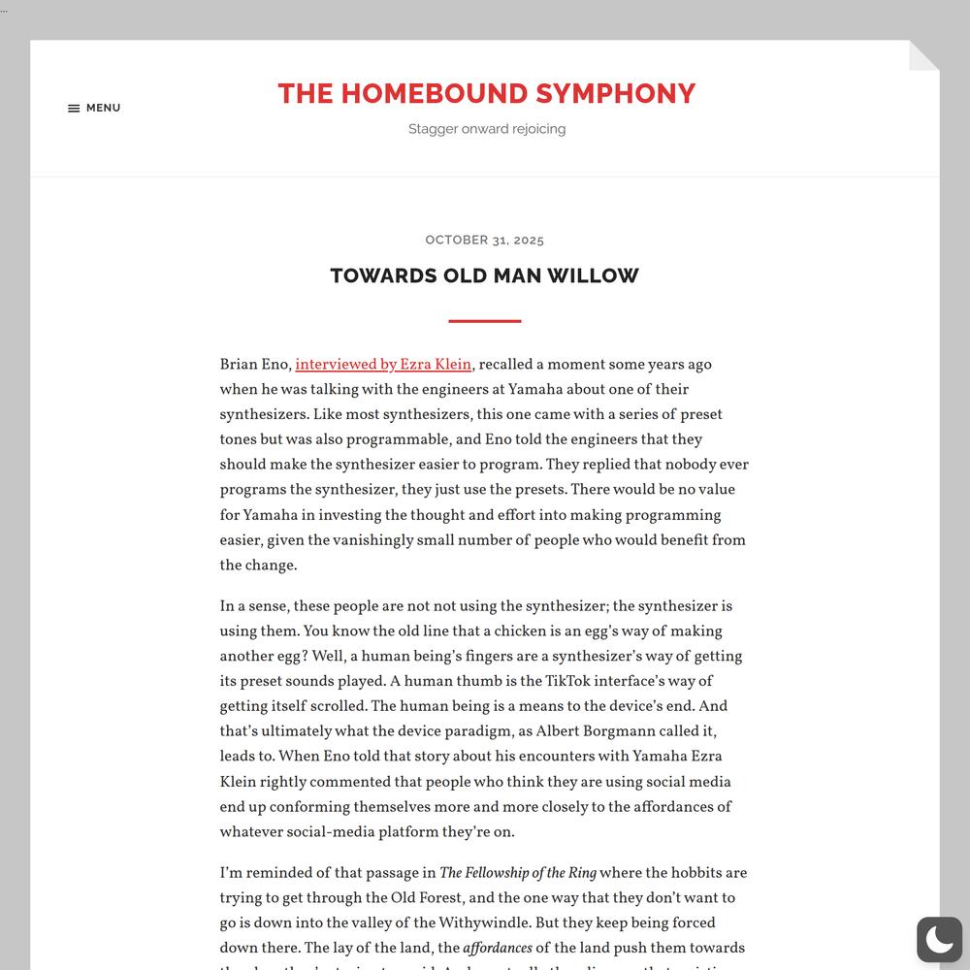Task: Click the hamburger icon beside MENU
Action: (x=74, y=109)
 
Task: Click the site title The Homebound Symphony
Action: (x=486, y=93)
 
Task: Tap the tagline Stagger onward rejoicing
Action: (x=486, y=129)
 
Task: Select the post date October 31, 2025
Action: (x=484, y=240)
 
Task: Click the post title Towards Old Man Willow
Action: (x=484, y=275)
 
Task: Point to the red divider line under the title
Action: (x=484, y=321)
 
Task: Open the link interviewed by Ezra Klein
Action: (x=383, y=365)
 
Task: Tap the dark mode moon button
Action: (x=939, y=939)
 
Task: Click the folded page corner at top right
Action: (x=923, y=55)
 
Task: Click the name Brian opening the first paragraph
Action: (x=239, y=365)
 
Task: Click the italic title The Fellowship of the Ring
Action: (x=518, y=873)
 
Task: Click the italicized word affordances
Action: (x=498, y=949)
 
